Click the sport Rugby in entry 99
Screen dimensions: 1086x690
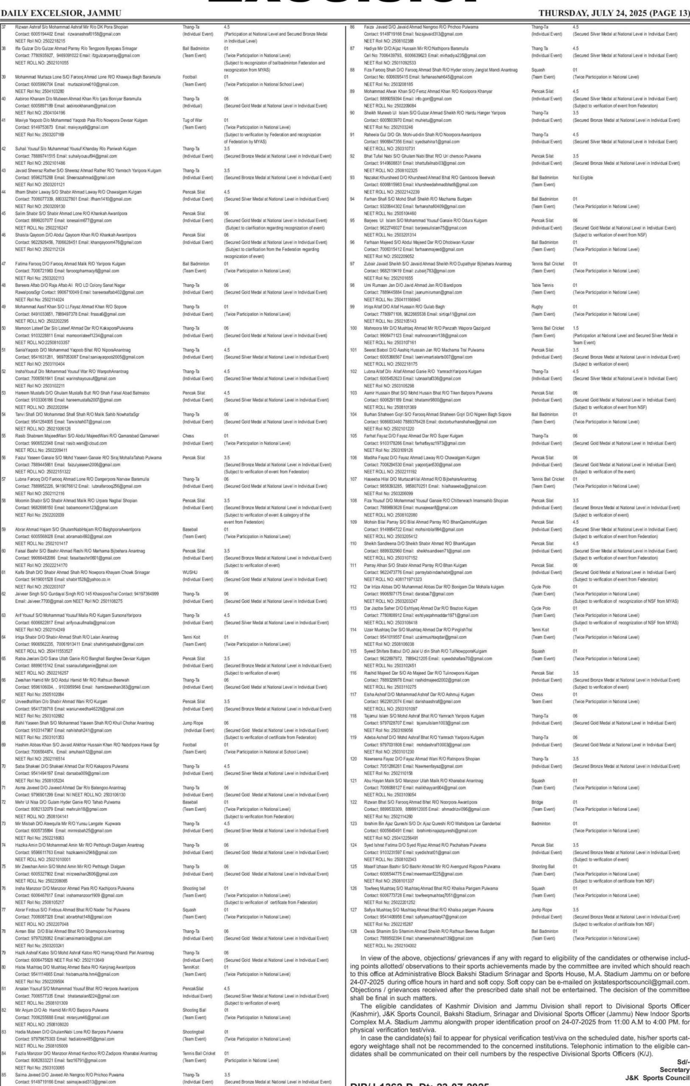(537, 307)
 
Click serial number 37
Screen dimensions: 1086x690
(4, 27)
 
